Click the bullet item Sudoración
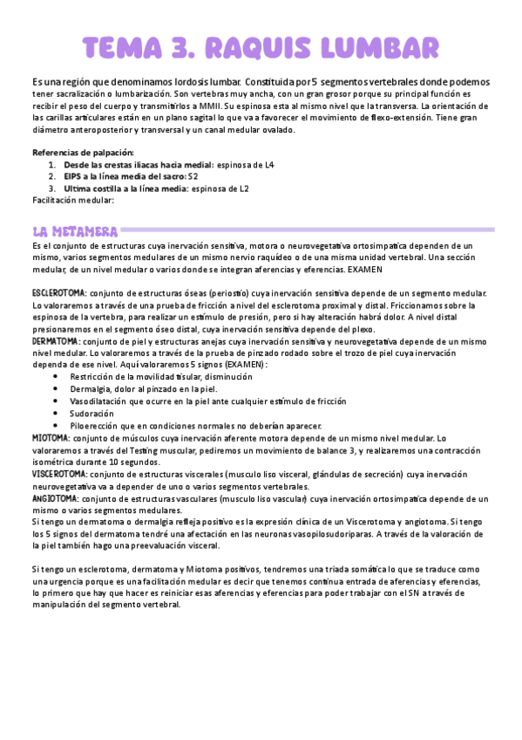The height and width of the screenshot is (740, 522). tap(92, 413)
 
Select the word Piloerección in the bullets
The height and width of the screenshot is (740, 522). tap(93, 425)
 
